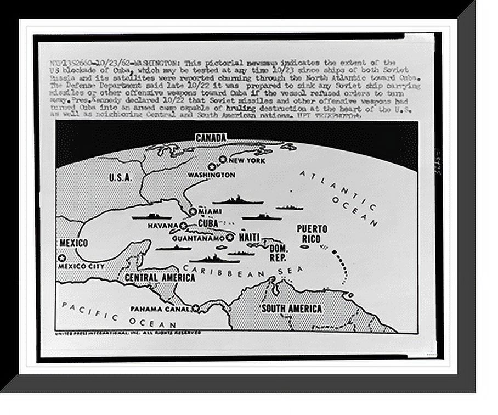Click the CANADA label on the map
point(211,137)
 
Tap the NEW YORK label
point(247,161)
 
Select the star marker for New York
point(223,159)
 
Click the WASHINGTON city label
point(211,175)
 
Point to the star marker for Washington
point(212,166)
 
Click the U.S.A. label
point(120,177)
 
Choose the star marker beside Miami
point(193,211)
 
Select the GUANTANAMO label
point(198,238)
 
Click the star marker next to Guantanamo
point(230,237)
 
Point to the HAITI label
point(249,237)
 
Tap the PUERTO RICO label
point(312,234)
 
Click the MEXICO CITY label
point(81,266)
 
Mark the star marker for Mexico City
point(62,257)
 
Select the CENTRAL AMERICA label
point(160,278)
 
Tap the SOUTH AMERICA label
point(291,309)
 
